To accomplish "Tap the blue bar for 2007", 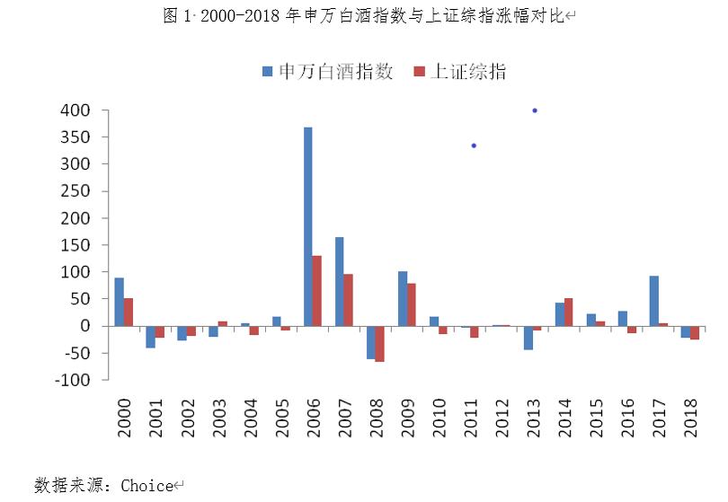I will point(340,281).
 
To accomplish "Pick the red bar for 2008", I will point(380,344).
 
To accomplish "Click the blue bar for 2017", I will point(654,301).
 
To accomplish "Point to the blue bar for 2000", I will point(119,302).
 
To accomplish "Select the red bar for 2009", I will point(412,304).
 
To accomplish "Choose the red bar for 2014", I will point(569,312).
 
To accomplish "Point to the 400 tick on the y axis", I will point(76,110).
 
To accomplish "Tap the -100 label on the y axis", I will point(73,380).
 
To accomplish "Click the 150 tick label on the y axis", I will point(76,245).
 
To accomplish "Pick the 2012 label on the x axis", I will point(502,418).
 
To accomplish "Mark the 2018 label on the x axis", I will point(690,418).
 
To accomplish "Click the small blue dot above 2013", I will point(535,110).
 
